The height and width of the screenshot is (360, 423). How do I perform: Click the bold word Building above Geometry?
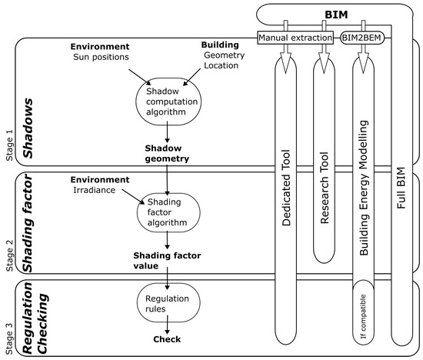coord(220,45)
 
